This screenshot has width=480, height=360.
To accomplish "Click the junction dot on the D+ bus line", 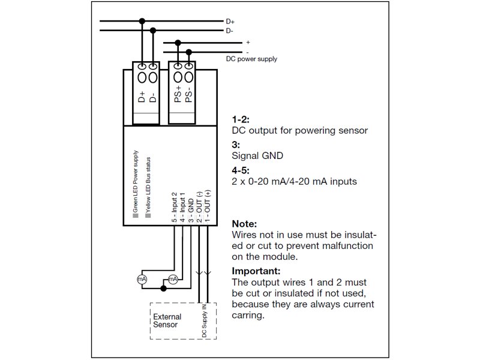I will click(142, 21).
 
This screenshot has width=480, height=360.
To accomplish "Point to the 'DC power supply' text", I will click(251, 59).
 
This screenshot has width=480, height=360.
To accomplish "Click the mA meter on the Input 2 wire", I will click(142, 279).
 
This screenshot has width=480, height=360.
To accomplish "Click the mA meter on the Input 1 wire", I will click(173, 279).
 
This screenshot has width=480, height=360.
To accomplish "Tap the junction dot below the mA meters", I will click(163, 289).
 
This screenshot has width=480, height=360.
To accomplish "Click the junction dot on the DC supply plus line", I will click(178, 43).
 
